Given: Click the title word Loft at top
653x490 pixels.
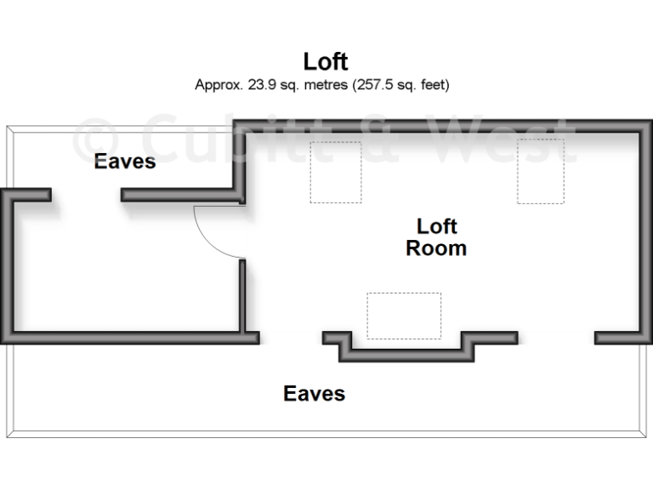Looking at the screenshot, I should tap(326, 61).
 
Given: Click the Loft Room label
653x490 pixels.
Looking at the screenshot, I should tap(436, 237).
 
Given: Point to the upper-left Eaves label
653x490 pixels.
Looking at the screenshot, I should tap(125, 161).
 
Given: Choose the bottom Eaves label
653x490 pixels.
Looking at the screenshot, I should tap(314, 394).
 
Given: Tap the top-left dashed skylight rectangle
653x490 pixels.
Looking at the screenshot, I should tap(335, 172).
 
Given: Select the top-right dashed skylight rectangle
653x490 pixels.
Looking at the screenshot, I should tap(541, 171).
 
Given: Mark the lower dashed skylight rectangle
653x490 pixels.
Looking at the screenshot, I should tap(404, 316).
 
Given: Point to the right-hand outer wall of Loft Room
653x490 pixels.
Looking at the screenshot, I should tap(646, 230).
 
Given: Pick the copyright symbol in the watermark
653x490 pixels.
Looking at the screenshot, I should tap(99, 141).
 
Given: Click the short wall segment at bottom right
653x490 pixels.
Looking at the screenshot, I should tap(619, 338).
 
